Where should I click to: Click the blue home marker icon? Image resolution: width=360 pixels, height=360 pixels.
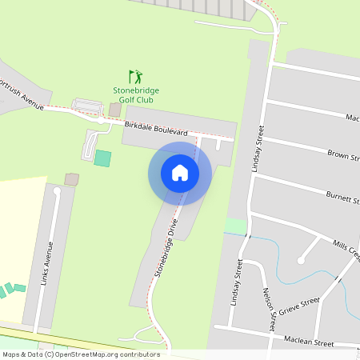(180, 173)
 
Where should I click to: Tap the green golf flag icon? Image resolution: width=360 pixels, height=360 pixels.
(136, 77)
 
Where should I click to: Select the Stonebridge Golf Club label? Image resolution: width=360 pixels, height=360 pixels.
(136, 96)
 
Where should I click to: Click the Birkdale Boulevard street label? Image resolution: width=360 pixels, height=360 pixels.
(156, 130)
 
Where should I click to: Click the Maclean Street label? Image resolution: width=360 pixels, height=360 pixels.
(309, 342)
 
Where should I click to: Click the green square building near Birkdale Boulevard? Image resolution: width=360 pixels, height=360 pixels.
(102, 158)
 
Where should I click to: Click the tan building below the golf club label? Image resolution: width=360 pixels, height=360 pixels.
(114, 110)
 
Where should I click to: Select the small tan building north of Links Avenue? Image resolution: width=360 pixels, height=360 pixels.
(72, 179)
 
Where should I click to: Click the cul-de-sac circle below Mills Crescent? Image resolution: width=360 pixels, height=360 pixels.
(302, 258)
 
